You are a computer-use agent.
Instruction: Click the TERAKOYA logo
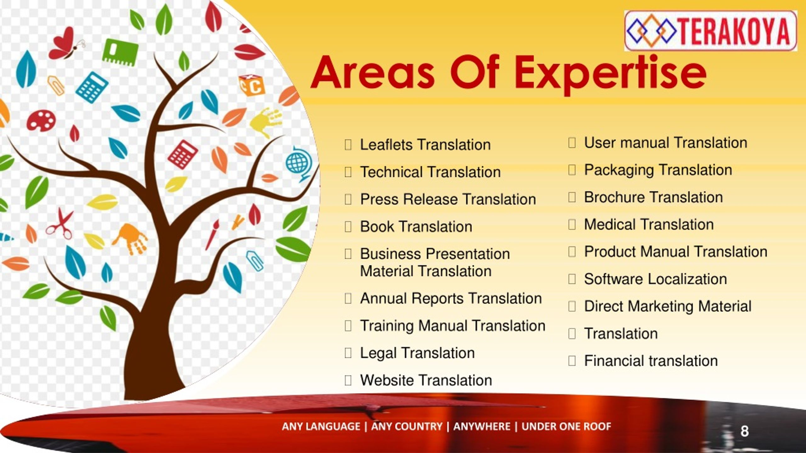pos(711,31)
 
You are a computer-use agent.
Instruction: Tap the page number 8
pos(744,431)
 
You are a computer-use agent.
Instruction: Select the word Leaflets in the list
pos(386,145)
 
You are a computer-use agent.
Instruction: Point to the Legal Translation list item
pos(417,353)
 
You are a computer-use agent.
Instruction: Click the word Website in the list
pos(387,380)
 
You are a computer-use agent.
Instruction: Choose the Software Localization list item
pos(656,279)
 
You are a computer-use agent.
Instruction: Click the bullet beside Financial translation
pos(572,361)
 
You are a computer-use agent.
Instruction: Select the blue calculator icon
pos(92,87)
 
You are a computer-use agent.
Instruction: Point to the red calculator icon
pos(183,154)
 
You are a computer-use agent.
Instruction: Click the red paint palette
pos(41,120)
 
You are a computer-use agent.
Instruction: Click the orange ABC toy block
pos(252,85)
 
